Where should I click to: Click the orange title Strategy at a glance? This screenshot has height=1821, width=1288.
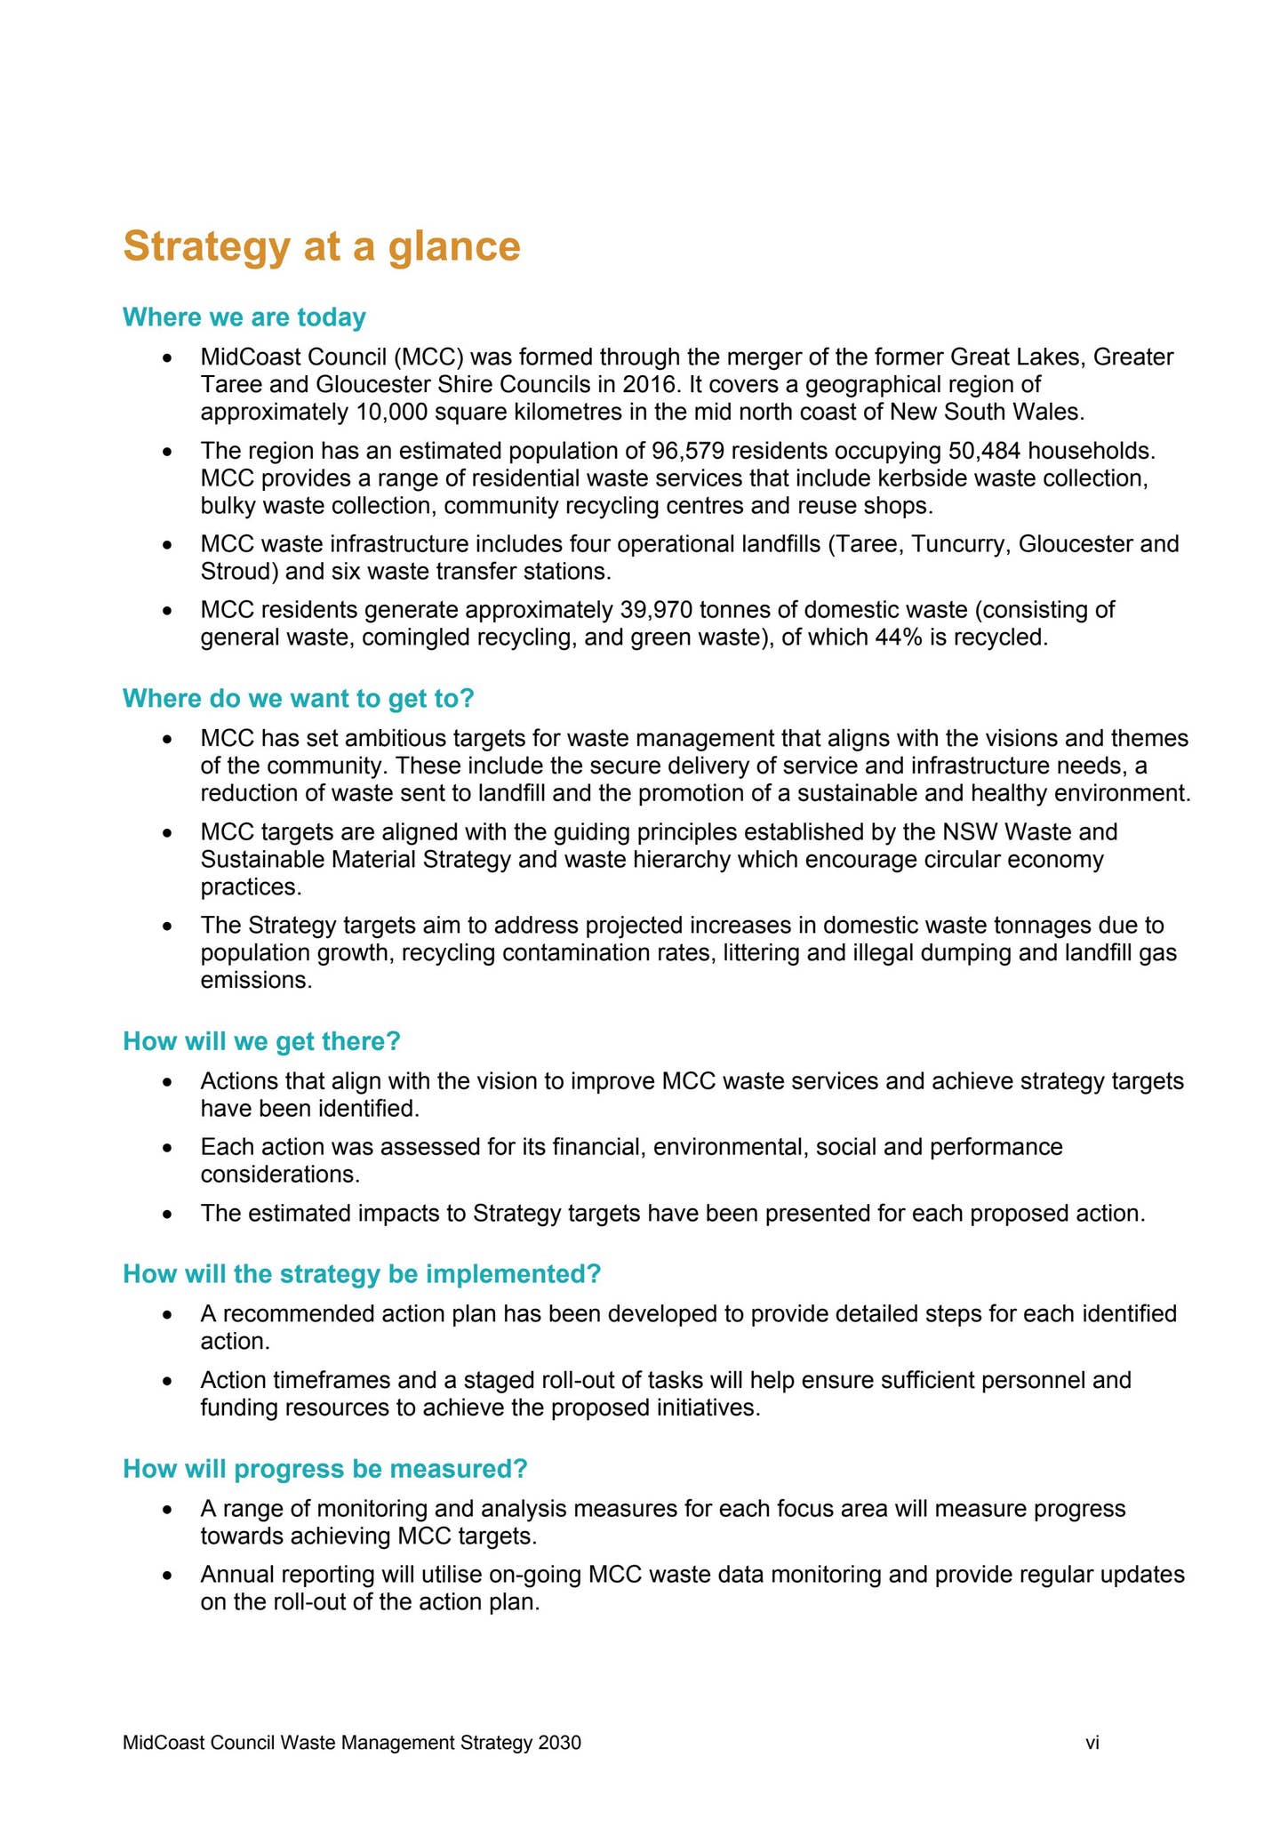[x=321, y=246]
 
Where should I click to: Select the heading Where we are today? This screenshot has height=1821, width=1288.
[x=244, y=317]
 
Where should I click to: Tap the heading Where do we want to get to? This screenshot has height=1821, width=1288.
[x=299, y=699]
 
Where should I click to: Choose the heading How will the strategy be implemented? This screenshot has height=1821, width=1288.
[x=362, y=1274]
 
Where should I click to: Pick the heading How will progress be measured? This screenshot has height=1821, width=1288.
[x=325, y=1469]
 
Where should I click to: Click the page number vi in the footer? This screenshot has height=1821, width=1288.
[x=1092, y=1744]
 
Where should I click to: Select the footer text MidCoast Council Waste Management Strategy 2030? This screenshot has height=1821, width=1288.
[x=352, y=1744]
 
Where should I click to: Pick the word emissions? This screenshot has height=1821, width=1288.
[x=256, y=981]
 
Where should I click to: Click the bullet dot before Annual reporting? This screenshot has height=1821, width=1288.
[x=166, y=1576]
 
